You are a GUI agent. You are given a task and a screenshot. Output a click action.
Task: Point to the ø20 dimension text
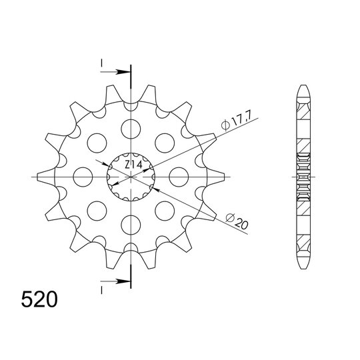click(x=237, y=221)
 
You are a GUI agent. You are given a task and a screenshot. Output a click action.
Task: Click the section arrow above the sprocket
click(x=121, y=71)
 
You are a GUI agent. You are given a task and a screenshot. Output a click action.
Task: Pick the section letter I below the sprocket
click(x=102, y=289)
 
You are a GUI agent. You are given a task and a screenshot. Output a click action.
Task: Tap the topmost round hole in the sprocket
click(x=131, y=126)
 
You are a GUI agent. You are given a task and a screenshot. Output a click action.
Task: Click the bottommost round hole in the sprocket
click(x=131, y=226)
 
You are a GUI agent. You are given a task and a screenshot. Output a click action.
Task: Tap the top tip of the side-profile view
click(x=303, y=88)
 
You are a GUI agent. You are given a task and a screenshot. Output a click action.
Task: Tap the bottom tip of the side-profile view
click(x=303, y=265)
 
